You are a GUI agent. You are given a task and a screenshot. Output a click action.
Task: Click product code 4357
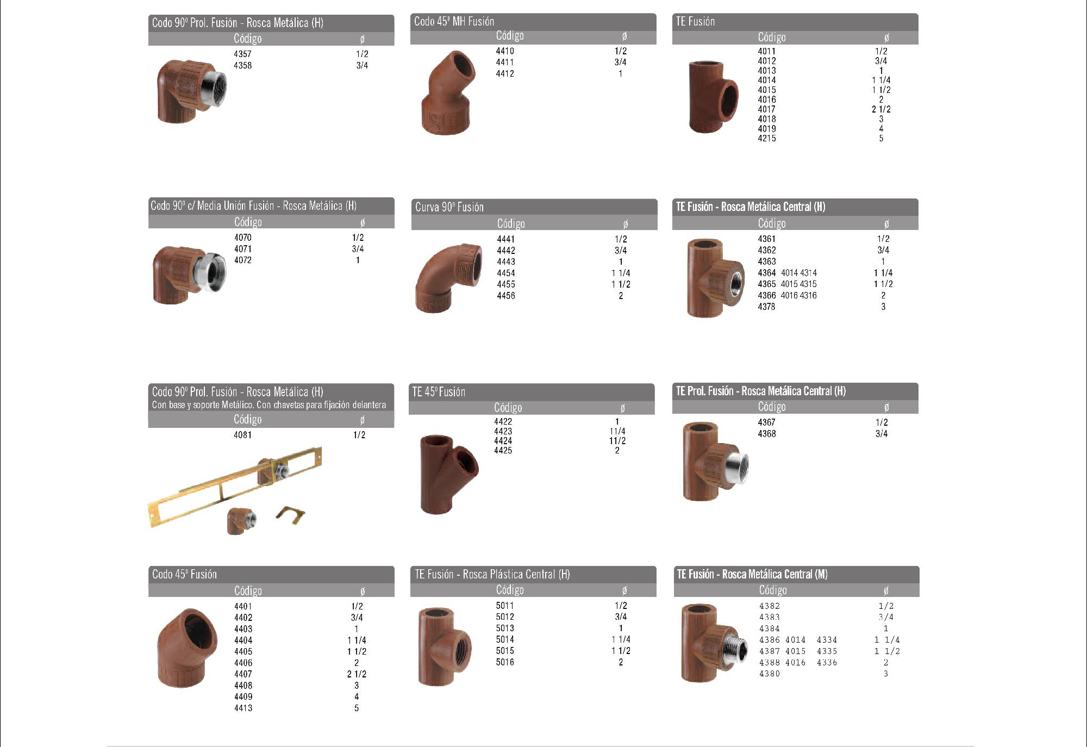(242, 54)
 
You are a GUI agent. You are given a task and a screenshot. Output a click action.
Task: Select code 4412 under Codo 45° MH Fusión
(505, 73)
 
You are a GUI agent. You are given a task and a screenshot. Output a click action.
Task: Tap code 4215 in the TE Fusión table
(767, 138)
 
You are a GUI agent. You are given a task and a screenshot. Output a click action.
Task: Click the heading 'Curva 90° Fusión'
(449, 207)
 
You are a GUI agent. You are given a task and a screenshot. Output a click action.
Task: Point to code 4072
(243, 260)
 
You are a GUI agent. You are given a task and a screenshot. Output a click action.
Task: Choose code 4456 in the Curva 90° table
(506, 296)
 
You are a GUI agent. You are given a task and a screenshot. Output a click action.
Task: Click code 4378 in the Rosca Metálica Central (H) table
(767, 307)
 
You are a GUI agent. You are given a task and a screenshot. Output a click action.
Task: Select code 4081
(242, 435)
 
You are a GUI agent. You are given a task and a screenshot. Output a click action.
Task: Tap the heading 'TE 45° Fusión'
(439, 392)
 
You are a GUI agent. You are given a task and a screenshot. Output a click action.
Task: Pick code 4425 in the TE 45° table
(503, 450)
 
